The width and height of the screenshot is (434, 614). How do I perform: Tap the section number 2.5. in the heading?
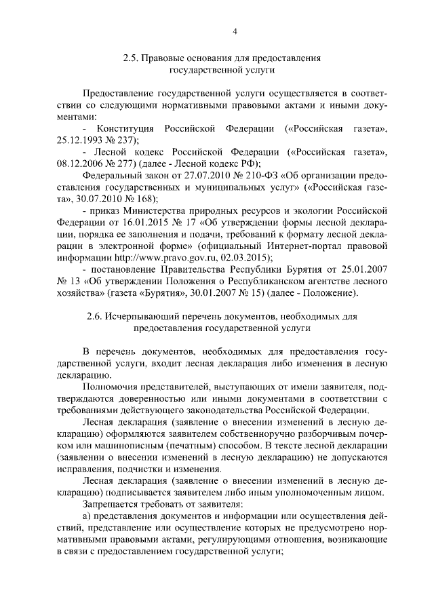[x=132, y=58]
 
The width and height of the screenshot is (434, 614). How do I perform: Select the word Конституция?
[x=125, y=128]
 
